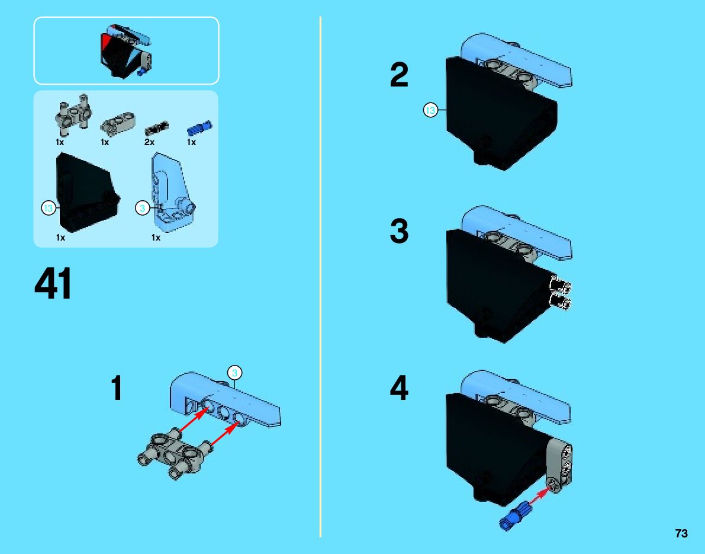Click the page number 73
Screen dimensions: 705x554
(681, 533)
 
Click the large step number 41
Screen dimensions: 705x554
(53, 284)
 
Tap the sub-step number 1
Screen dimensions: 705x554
(117, 388)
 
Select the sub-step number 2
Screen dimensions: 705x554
(399, 75)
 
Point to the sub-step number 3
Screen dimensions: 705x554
(399, 231)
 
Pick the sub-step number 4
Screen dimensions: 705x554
(399, 388)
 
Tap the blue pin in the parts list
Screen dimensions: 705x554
(199, 128)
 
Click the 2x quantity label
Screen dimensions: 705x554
(149, 142)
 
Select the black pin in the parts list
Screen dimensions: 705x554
(156, 128)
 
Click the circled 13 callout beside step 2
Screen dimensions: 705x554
(430, 110)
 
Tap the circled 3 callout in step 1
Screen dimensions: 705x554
(234, 373)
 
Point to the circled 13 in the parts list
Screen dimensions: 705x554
(48, 208)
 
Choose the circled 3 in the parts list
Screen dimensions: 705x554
(142, 208)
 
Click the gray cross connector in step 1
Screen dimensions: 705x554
(175, 456)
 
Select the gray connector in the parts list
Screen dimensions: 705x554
(72, 115)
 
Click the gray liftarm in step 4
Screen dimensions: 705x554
(560, 466)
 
